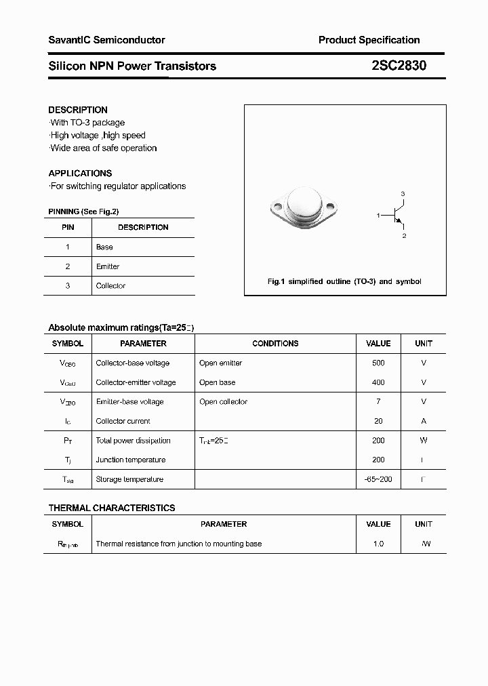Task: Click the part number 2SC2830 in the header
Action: pos(399,66)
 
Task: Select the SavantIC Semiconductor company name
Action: pos(106,40)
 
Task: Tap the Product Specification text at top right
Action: pos(369,40)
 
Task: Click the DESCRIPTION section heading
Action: pos(78,110)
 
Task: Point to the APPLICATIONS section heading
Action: pos(80,173)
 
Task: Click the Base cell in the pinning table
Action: pos(104,247)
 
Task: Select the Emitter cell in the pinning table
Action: pos(108,266)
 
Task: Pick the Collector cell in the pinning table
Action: pos(110,286)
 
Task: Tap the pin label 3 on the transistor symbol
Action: pos(403,195)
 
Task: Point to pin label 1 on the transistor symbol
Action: pos(378,215)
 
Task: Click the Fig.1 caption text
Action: pos(344,281)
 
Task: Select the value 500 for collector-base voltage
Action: pos(378,363)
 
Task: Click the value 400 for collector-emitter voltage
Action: pos(378,382)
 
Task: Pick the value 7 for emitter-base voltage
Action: pos(378,402)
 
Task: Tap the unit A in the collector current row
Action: pos(424,421)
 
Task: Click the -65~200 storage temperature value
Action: pos(378,479)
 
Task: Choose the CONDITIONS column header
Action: pos(275,344)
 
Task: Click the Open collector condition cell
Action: pos(223,402)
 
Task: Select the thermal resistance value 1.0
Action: pos(378,544)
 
